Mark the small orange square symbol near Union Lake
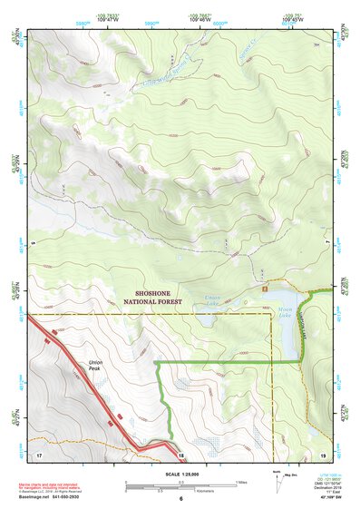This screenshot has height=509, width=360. [x=264, y=287]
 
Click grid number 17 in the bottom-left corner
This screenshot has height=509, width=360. [x=39, y=453]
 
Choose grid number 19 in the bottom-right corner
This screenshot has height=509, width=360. [x=322, y=453]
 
